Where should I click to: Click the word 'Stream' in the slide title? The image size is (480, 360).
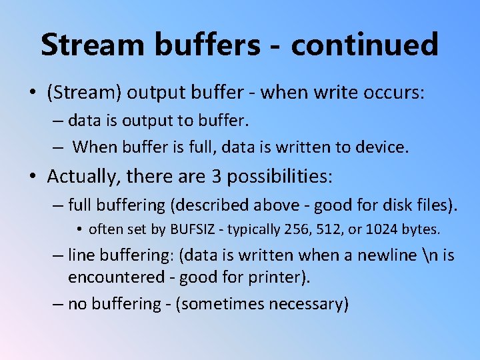[91, 45]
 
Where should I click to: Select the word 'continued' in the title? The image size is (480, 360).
[365, 45]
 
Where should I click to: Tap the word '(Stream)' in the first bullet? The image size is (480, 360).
[84, 93]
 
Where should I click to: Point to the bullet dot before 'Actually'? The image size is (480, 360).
[33, 177]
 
